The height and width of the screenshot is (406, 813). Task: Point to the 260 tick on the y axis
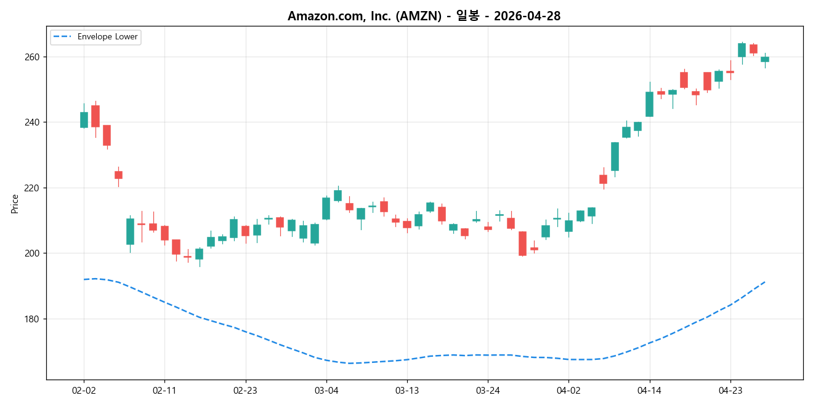pos(32,57)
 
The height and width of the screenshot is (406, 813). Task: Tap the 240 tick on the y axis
pos(32,122)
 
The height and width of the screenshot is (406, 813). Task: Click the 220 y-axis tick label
pos(32,188)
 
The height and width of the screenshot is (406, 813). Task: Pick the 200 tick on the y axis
pos(32,253)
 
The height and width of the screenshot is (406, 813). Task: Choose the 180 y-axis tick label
pos(32,319)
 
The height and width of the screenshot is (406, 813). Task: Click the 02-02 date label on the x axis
pos(84,390)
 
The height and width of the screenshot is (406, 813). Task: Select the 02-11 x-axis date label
pos(164,390)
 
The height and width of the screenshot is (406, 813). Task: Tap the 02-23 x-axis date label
pos(245,390)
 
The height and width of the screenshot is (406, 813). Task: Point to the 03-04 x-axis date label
pos(326,390)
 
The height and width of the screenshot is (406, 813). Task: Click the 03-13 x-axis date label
pos(407,390)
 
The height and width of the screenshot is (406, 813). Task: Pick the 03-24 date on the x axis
pos(488,390)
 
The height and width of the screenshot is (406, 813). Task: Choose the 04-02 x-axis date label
pos(568,390)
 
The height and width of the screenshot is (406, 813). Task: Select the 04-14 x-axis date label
pos(649,390)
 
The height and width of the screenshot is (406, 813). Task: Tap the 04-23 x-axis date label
pos(730,390)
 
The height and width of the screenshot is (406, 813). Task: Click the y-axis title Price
pos(15,204)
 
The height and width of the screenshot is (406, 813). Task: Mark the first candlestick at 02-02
pos(84,120)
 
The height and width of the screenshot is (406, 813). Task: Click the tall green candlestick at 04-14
pos(649,104)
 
